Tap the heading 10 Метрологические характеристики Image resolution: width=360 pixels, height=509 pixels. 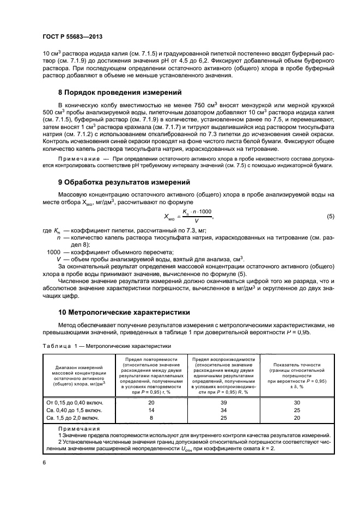point(124,312)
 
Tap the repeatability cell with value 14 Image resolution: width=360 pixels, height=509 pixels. point(151,410)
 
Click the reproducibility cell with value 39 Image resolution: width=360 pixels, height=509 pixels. point(223,402)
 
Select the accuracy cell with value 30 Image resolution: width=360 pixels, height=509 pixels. point(297,402)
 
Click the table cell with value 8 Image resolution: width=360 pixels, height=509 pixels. point(151,418)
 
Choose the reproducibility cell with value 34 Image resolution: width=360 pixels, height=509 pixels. point(223,410)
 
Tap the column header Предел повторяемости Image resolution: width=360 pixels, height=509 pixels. point(151,360)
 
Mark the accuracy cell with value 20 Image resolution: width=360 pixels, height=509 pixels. point(297,418)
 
